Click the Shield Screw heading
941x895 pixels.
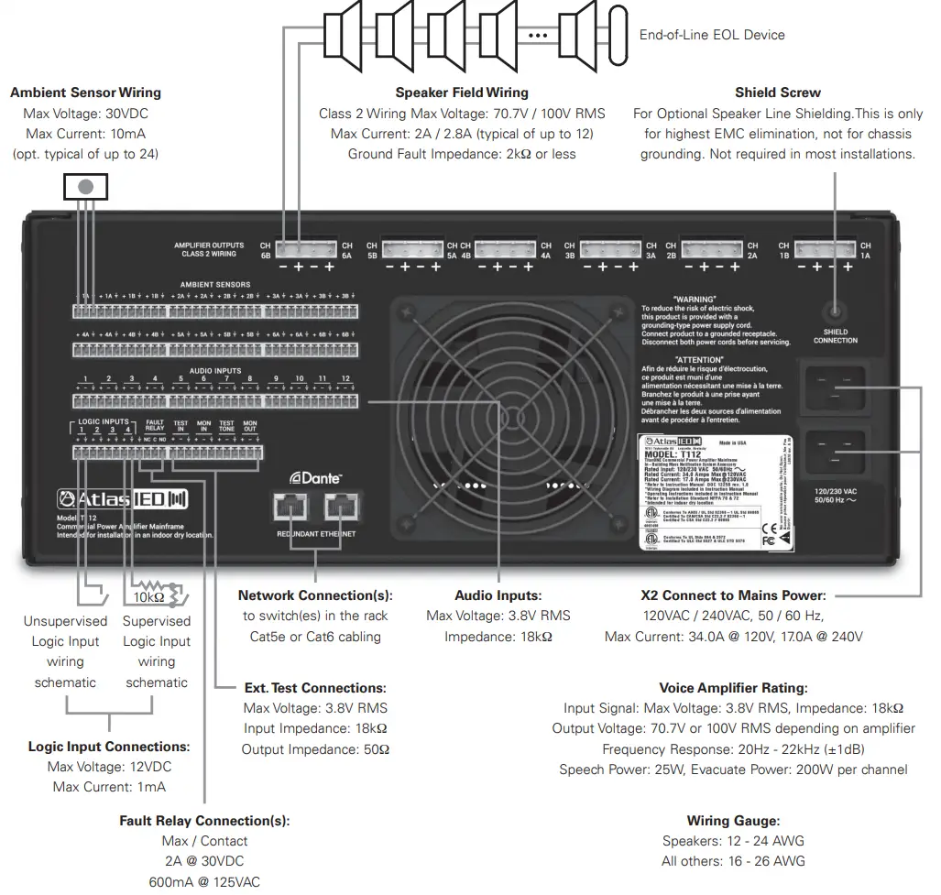pos(777,93)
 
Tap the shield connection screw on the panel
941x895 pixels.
pos(835,311)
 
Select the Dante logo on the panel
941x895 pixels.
pos(316,478)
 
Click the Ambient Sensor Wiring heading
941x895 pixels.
pos(85,93)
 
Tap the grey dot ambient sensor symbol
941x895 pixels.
pos(85,186)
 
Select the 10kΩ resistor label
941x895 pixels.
pos(148,596)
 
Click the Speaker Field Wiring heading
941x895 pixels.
pos(462,93)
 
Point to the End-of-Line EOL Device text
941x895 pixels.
pos(712,35)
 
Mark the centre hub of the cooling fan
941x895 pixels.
pos(500,409)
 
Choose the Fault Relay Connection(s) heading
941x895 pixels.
pos(204,821)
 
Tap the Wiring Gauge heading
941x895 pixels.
pos(733,821)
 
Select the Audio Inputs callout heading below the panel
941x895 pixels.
pos(498,595)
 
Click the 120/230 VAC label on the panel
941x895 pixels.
pos(835,491)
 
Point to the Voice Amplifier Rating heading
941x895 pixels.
pos(733,688)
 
